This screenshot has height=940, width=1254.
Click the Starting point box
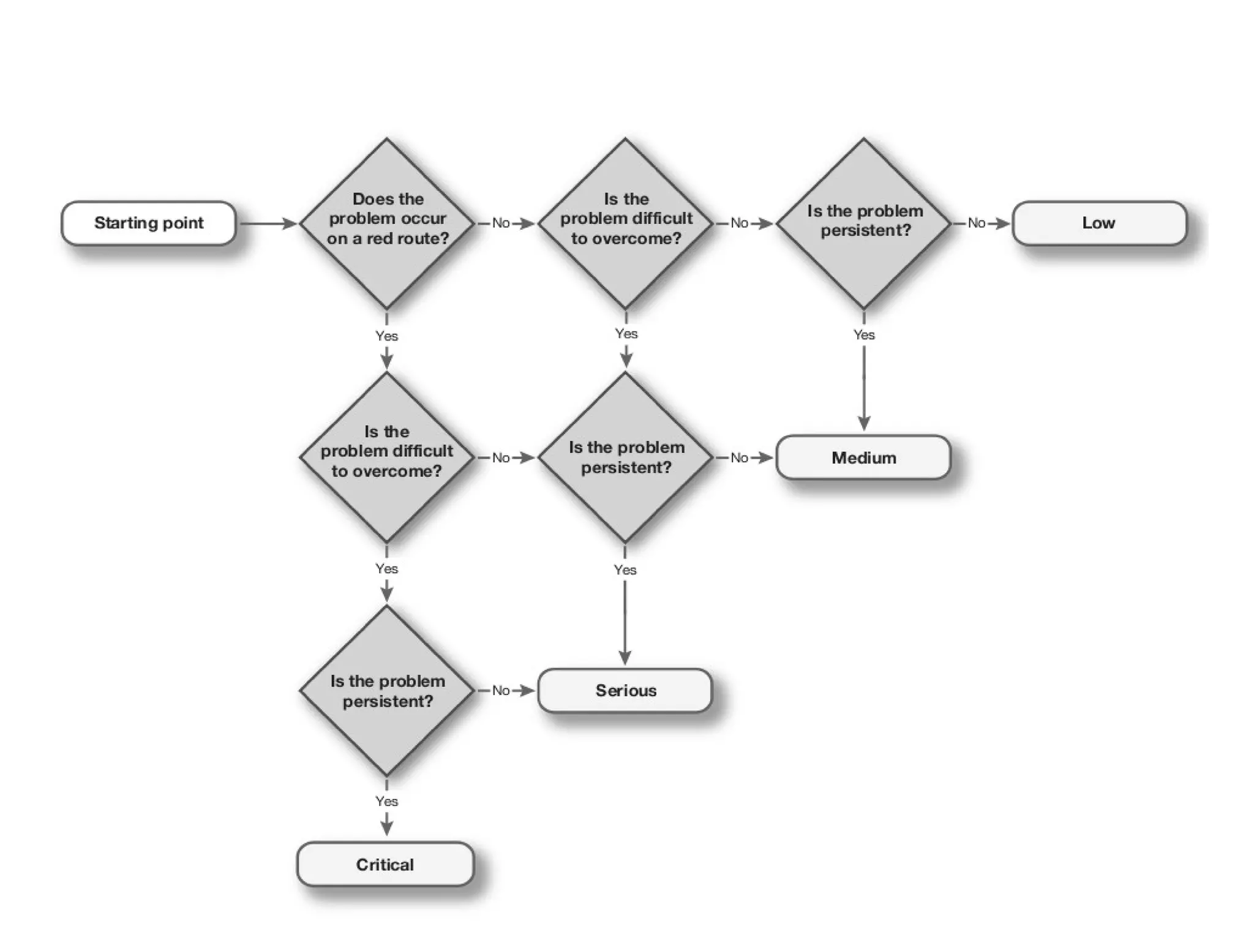point(149,223)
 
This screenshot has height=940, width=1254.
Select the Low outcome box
point(1099,223)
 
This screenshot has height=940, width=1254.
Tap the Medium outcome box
point(863,457)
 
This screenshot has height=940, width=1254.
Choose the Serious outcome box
point(625,691)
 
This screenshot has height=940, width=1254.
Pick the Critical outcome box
point(385,864)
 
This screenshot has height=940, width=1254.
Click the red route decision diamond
point(387,224)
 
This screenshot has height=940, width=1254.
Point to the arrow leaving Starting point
point(268,224)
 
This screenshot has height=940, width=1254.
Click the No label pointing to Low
point(977,223)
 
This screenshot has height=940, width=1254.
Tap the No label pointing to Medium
point(739,457)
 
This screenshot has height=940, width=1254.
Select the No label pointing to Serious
point(501,690)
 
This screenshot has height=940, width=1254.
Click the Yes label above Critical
point(386,801)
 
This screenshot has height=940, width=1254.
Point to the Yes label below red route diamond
point(386,336)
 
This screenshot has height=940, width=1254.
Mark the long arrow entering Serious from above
point(625,622)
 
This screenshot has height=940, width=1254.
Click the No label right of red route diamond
point(501,223)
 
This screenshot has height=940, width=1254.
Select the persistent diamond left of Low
point(864,224)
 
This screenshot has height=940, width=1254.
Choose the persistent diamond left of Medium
point(625,457)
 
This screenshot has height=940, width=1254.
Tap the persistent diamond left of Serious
point(387,691)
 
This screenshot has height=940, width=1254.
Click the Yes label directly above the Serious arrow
point(625,570)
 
